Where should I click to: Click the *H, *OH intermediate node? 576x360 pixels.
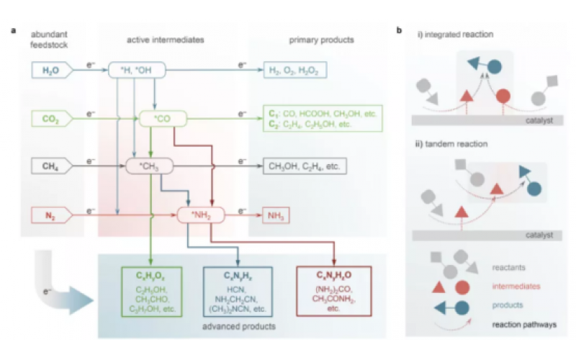pos(137,70)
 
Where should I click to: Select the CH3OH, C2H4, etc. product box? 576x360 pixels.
pos(305,166)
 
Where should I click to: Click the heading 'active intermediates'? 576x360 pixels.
pos(161,39)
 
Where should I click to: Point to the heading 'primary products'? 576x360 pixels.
pos(320,39)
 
